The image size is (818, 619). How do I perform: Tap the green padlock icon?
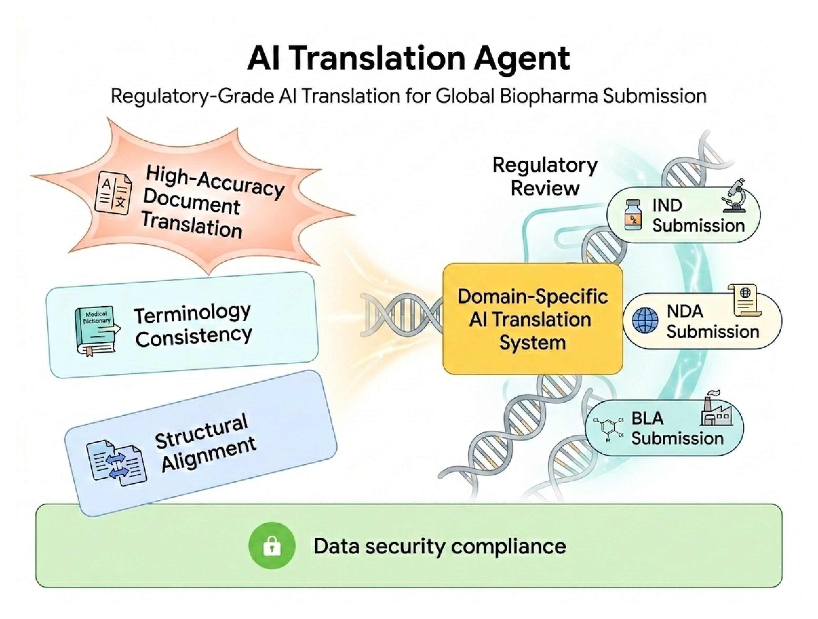point(272,546)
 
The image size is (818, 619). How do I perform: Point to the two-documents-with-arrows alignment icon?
point(116,463)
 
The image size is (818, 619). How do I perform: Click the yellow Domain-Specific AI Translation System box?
point(532,319)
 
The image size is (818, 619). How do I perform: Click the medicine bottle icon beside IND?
point(633,215)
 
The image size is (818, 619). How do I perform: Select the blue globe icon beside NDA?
point(645,320)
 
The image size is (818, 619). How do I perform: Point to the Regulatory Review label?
point(545,177)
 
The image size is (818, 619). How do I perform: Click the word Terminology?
point(192,314)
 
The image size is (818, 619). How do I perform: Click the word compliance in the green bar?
point(509,546)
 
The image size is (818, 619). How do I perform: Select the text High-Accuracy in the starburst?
point(214,181)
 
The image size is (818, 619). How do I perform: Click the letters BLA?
point(647,418)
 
